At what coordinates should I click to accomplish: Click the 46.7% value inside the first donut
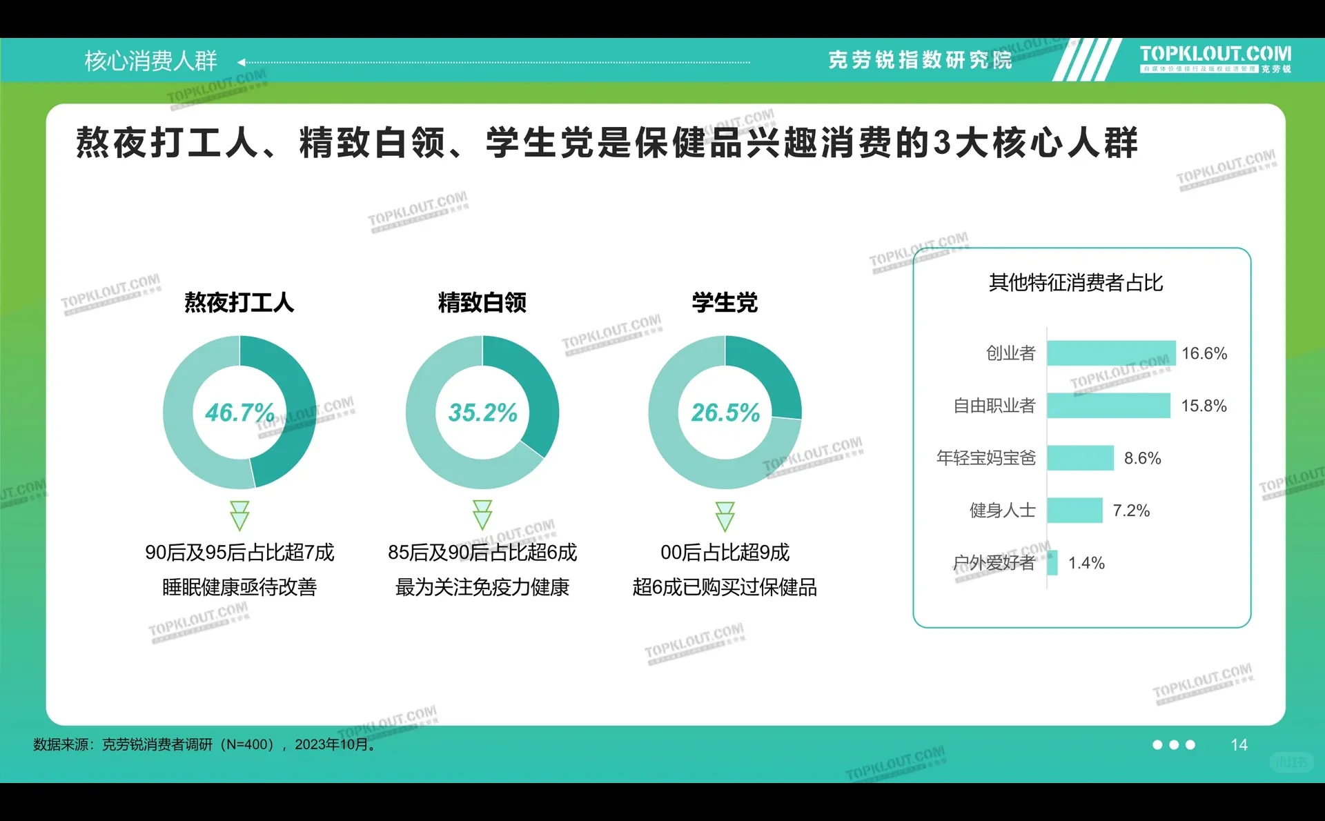(x=239, y=413)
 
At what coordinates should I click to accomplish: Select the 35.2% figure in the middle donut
(x=482, y=413)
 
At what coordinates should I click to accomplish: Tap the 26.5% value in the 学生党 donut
(x=725, y=413)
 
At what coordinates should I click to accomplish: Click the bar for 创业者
(x=1110, y=353)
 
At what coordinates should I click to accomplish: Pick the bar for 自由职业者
(x=1108, y=406)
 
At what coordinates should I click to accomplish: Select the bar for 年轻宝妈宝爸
(x=1080, y=458)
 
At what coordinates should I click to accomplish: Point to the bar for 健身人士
(x=1074, y=511)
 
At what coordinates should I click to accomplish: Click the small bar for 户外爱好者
(x=1052, y=563)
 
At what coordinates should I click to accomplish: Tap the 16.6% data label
(x=1204, y=353)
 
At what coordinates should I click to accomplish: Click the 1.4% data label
(x=1086, y=563)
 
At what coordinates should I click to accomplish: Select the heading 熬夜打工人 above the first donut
(x=239, y=302)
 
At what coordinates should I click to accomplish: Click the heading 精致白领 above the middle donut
(x=482, y=302)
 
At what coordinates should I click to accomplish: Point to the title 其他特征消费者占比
(x=1075, y=282)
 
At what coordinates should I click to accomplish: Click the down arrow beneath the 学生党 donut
(x=725, y=516)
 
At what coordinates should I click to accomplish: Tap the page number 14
(x=1239, y=744)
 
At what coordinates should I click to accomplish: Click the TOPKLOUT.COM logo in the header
(x=1215, y=55)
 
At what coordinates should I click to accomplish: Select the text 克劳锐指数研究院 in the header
(x=920, y=60)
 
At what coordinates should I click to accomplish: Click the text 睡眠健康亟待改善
(x=239, y=587)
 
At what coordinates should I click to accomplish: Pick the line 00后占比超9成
(x=725, y=552)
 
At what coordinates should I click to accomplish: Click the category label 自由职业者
(x=994, y=406)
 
